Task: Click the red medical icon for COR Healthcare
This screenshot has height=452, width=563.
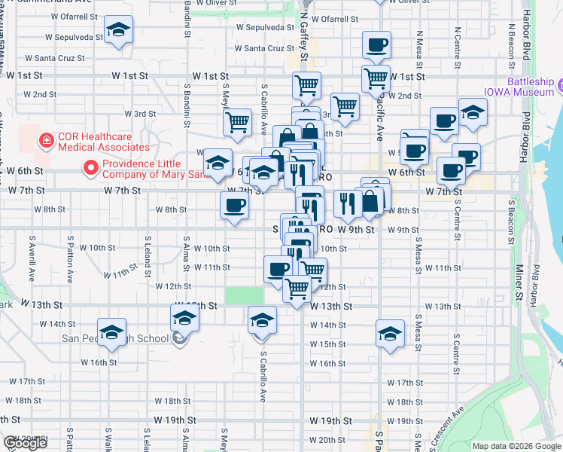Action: point(46,140)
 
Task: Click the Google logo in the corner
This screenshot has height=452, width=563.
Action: point(25,444)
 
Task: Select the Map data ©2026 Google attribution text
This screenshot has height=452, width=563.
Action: point(516,446)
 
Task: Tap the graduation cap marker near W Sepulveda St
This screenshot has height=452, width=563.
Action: point(117,30)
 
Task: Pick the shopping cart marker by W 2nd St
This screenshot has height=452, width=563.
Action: point(345,106)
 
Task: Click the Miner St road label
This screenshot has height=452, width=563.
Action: point(519,281)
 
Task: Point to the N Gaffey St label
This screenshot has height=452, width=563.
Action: point(304,38)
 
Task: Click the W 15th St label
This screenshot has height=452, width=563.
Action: point(327,344)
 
